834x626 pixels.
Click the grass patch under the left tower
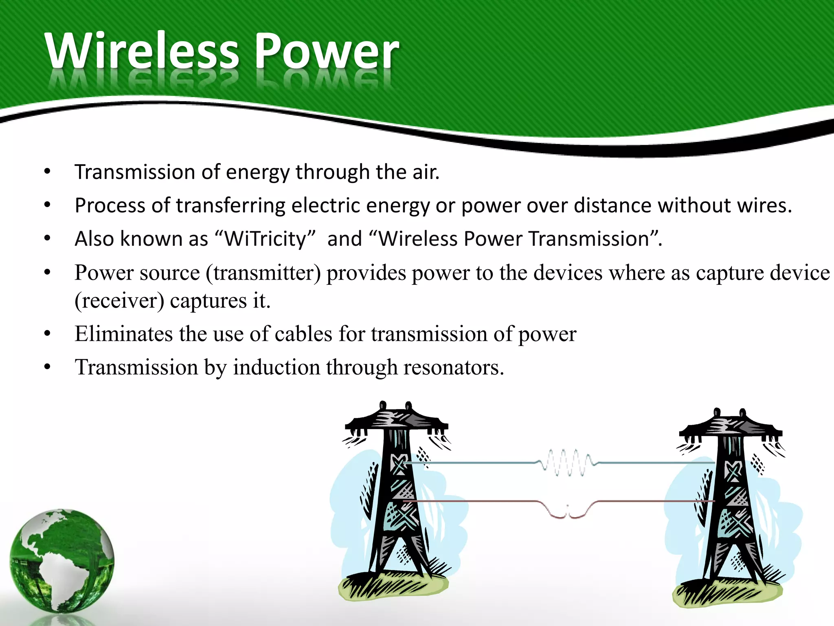point(393,587)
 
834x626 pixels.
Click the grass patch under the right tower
point(727,593)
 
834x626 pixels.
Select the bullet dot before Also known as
point(47,238)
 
